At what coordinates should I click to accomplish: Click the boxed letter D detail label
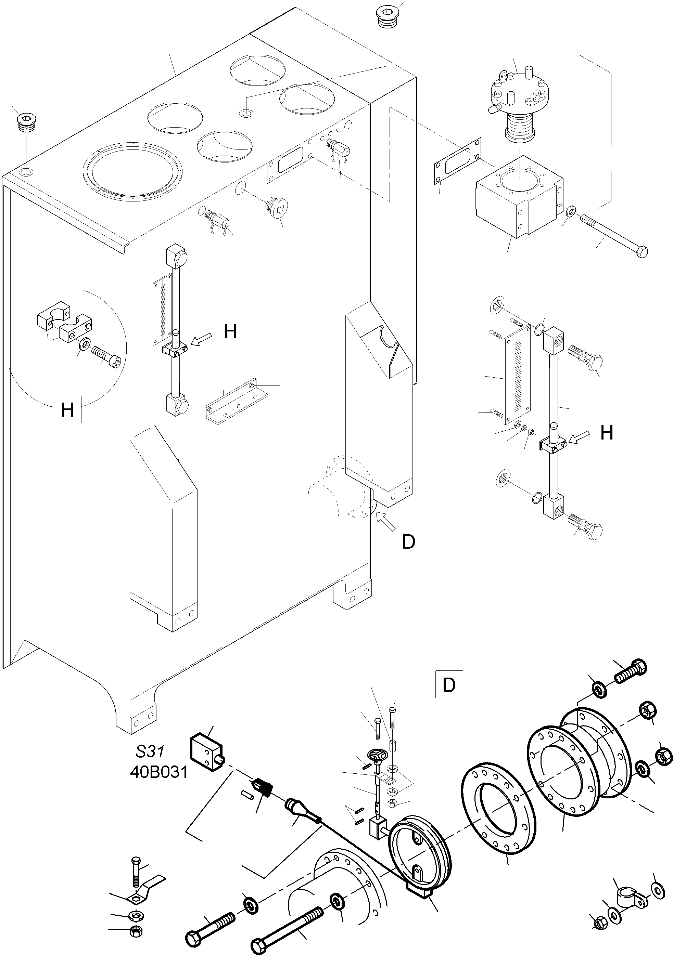point(449,684)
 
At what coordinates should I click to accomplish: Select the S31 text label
point(150,751)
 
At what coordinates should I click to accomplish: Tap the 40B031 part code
point(159,772)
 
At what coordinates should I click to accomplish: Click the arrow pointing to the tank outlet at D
point(385,522)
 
